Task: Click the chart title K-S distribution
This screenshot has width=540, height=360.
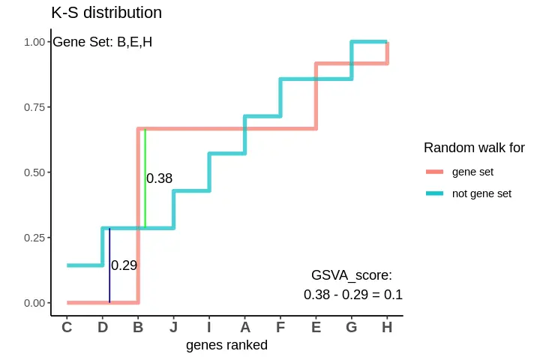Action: point(106,13)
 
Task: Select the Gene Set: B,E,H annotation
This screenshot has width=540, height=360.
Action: point(102,42)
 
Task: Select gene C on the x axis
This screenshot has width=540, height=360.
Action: point(67,327)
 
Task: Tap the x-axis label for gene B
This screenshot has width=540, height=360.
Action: point(138,327)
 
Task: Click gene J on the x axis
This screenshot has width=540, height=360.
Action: point(173,327)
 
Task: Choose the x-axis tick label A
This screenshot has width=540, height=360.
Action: point(244,327)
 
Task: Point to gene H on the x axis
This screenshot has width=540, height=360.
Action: point(386,327)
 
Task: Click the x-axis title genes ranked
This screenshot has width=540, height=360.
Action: point(226,346)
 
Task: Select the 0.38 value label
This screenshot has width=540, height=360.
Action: point(159,178)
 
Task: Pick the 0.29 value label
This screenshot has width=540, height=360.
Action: point(124,265)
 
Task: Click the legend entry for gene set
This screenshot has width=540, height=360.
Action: point(472,172)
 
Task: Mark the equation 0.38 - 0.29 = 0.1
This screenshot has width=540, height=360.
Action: point(352,295)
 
